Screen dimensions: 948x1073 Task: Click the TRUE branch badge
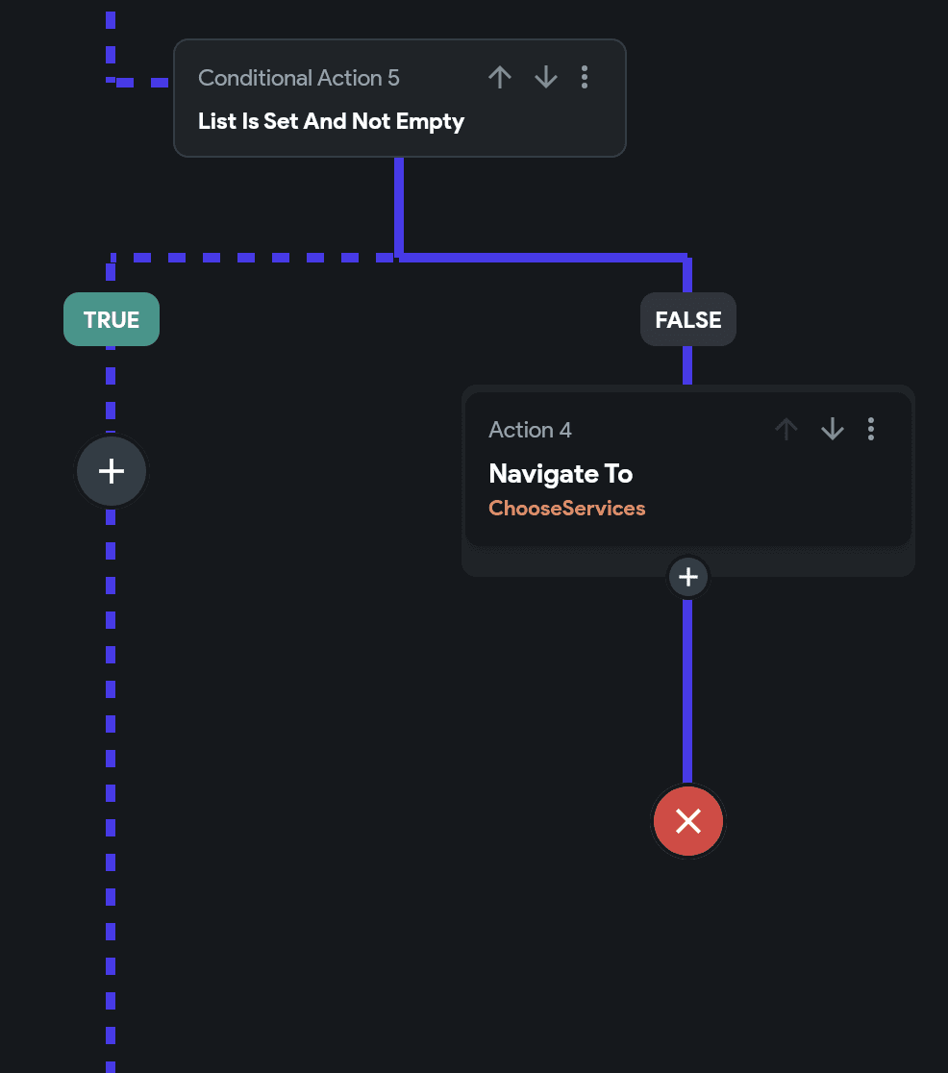point(112,319)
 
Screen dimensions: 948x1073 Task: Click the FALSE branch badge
point(687,319)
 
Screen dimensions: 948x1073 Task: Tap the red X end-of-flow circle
point(687,821)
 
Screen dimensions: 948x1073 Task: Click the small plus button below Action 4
point(687,577)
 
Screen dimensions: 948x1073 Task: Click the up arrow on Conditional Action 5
point(500,77)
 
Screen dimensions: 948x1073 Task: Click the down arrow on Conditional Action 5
point(545,77)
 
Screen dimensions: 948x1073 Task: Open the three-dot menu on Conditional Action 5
point(585,77)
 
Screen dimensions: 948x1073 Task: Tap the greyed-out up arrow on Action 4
point(786,429)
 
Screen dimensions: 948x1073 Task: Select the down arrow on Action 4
point(833,429)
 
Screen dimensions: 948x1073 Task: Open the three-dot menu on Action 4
point(871,429)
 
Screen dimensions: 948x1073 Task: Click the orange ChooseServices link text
point(566,508)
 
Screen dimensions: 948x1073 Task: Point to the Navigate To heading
point(561,474)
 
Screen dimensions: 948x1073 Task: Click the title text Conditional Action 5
point(298,78)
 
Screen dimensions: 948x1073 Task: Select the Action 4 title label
point(530,430)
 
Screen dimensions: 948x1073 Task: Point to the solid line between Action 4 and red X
point(687,691)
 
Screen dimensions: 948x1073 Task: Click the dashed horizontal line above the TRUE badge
point(253,258)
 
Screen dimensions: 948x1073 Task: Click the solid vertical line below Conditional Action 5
point(399,208)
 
